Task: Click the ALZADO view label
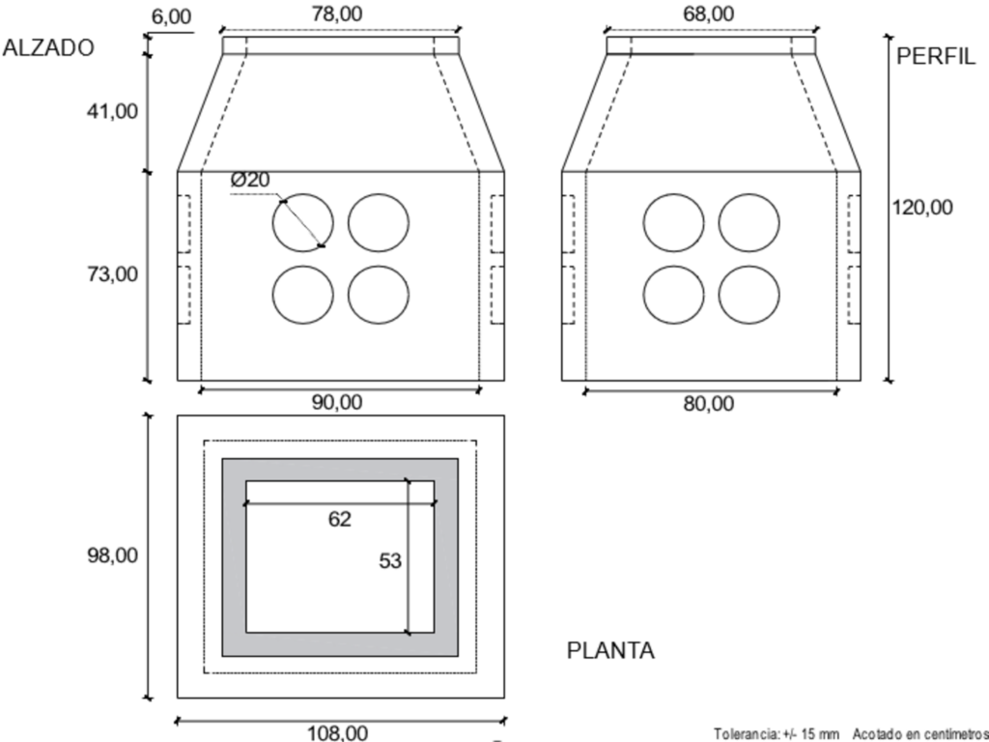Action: click(49, 49)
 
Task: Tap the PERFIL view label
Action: click(936, 55)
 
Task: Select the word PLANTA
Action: click(610, 650)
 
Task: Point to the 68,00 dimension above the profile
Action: click(708, 14)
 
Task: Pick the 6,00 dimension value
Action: click(173, 16)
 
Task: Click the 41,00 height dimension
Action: click(113, 111)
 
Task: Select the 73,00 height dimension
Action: click(113, 274)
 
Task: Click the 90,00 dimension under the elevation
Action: click(337, 404)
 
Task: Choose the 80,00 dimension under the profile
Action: click(709, 404)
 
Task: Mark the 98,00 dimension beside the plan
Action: click(113, 556)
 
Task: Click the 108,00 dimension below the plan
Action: click(337, 733)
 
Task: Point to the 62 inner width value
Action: click(339, 520)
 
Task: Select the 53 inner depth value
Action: click(390, 560)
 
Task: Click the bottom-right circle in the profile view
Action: click(749, 294)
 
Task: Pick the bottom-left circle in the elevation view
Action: click(302, 294)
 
